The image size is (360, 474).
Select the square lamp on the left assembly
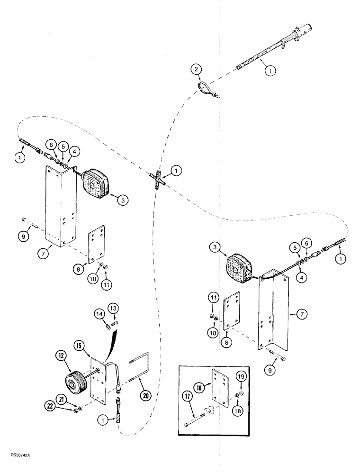pos(97,182)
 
